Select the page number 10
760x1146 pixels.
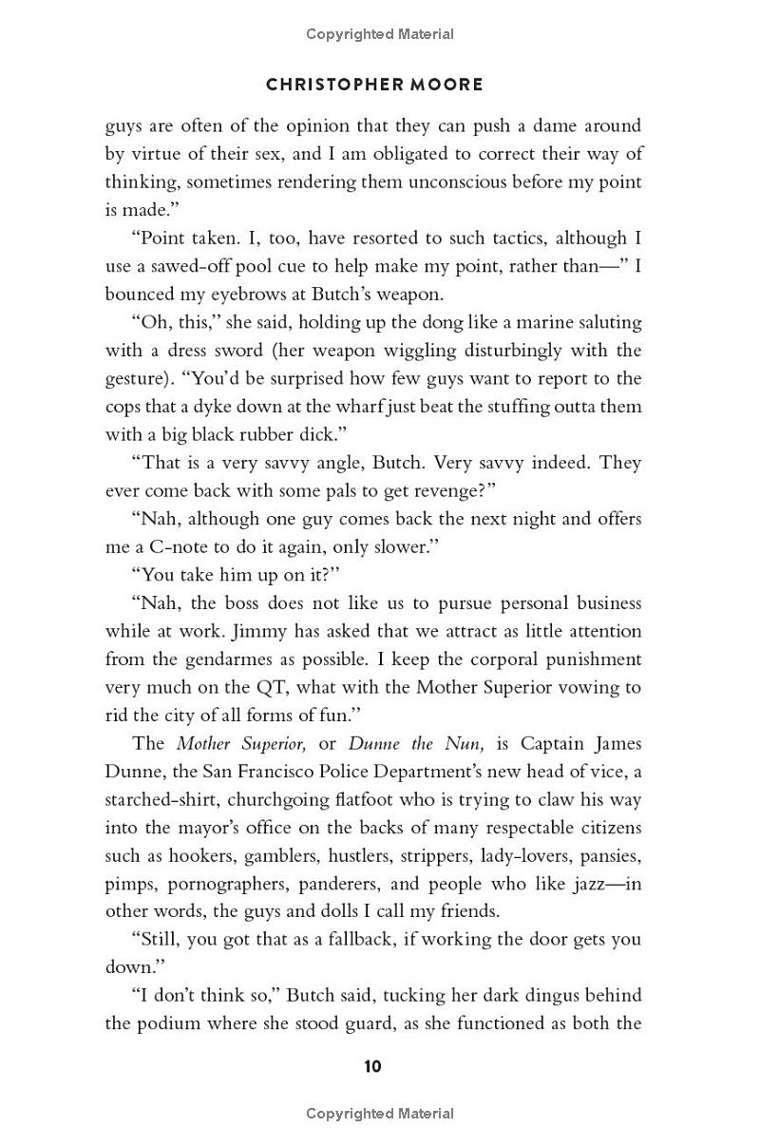pyautogui.click(x=372, y=1066)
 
